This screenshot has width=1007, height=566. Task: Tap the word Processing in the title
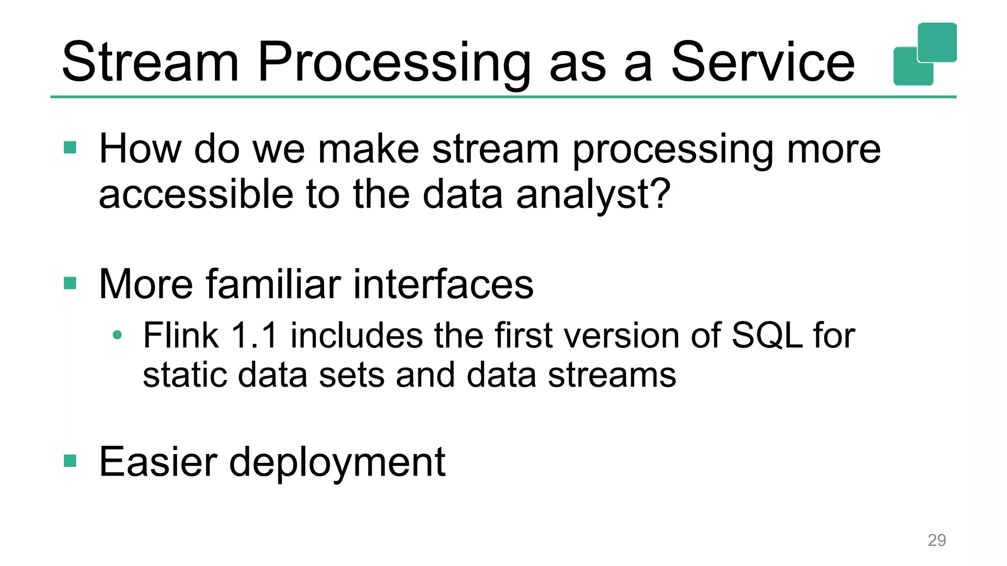[393, 63]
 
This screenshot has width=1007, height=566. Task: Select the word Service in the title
[763, 63]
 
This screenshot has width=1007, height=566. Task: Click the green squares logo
[925, 54]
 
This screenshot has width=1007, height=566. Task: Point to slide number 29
[936, 540]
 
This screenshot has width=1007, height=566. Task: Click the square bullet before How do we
[70, 147]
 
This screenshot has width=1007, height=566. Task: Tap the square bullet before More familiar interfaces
[70, 283]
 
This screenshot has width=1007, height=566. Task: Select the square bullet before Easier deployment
[70, 460]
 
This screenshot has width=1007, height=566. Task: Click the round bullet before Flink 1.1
[117, 335]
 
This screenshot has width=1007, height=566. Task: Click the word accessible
[195, 195]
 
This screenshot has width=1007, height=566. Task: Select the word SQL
[767, 336]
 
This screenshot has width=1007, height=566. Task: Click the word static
[184, 375]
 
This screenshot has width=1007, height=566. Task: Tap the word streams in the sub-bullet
[612, 375]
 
